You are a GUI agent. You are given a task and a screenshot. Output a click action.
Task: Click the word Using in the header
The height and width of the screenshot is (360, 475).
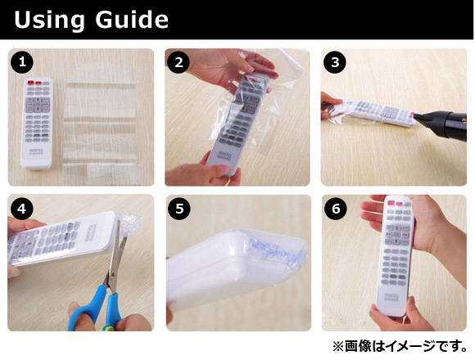[49, 20]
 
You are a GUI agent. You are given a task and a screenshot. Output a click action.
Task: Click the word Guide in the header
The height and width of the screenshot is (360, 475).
[132, 20]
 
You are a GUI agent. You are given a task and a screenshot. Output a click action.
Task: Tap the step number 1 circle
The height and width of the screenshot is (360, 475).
[22, 62]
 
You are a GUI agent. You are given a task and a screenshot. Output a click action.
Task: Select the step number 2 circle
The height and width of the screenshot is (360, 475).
[179, 62]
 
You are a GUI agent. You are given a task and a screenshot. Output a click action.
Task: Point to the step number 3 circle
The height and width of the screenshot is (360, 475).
[335, 62]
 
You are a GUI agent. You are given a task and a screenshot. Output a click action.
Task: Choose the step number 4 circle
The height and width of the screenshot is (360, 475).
[22, 209]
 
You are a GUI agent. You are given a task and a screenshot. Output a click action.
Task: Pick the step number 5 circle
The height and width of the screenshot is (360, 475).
[179, 209]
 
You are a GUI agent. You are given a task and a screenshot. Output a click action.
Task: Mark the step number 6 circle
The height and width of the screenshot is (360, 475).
[336, 209]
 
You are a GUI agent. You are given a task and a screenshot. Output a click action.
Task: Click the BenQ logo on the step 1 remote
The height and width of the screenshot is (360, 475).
[36, 151]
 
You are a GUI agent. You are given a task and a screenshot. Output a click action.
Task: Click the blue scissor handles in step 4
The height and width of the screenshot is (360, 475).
[94, 309]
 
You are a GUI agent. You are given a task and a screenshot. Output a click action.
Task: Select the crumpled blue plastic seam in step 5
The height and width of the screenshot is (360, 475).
[277, 250]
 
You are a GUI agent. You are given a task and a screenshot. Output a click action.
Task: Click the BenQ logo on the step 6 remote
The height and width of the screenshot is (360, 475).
[391, 296]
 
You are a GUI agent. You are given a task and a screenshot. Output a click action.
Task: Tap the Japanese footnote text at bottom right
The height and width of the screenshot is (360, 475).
[400, 347]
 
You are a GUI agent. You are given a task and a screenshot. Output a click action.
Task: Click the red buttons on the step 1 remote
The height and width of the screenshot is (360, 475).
[34, 83]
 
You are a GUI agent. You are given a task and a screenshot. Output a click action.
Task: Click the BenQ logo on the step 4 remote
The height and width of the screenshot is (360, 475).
[92, 232]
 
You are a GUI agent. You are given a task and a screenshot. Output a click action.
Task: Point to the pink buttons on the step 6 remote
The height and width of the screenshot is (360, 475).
[396, 204]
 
